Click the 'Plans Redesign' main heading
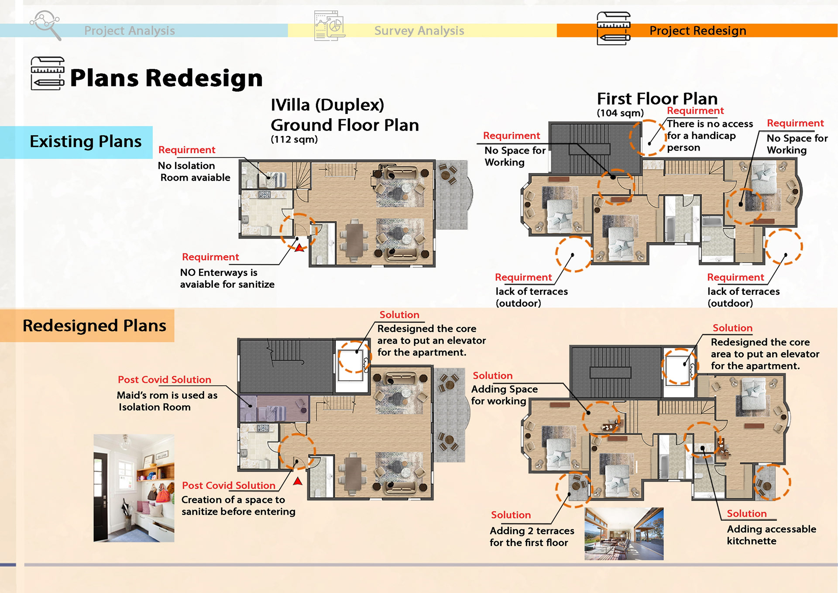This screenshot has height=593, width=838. [x=166, y=78]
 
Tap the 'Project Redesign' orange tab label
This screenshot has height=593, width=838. [x=698, y=31]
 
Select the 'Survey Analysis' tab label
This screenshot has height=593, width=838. [x=419, y=31]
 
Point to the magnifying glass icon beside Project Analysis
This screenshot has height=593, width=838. [x=45, y=25]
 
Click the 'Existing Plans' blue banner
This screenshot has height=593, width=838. [x=76, y=142]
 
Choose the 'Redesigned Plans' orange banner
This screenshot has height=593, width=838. [x=87, y=326]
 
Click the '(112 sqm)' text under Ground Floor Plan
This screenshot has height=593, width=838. [x=294, y=139]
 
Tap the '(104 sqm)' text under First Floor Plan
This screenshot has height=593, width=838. [x=620, y=113]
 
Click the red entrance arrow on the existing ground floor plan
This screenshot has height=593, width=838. [x=299, y=248]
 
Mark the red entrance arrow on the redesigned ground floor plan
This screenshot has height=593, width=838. [x=298, y=481]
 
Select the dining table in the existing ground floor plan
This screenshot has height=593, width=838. [x=354, y=241]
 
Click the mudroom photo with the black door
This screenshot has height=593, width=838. [x=134, y=488]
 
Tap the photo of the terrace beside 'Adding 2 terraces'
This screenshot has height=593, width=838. [x=624, y=534]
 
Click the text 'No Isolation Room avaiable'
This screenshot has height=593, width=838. [x=194, y=172]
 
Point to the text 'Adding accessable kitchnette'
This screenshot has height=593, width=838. [x=771, y=535]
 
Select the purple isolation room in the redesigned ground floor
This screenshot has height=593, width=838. [x=274, y=409]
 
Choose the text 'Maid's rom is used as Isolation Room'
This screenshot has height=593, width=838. [x=167, y=401]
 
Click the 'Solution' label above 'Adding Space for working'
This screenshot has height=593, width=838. [x=493, y=376]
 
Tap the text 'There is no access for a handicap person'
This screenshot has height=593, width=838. [x=710, y=136]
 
